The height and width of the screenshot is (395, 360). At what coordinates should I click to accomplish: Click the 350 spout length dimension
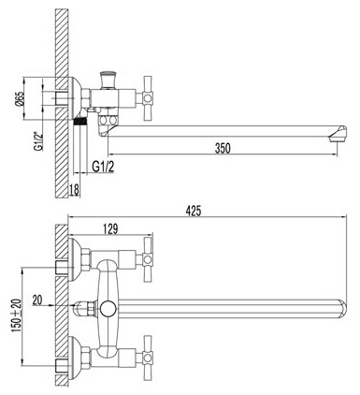coord(223,148)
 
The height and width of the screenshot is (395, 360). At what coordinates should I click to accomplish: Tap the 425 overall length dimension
coord(194,211)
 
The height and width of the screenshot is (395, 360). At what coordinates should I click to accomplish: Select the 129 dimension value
coord(110,229)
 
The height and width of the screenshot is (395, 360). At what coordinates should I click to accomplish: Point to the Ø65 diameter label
coord(20,99)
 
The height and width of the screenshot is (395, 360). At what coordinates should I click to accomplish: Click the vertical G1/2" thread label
coord(38,140)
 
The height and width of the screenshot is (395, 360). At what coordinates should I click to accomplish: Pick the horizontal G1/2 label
coord(103,167)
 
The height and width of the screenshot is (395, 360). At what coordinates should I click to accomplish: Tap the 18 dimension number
coord(74,190)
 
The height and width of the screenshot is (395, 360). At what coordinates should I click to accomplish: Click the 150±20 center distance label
coord(17,315)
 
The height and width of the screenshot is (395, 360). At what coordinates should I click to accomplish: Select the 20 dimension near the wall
coord(37,300)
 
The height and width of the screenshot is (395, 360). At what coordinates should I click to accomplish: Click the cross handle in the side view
coord(147,98)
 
